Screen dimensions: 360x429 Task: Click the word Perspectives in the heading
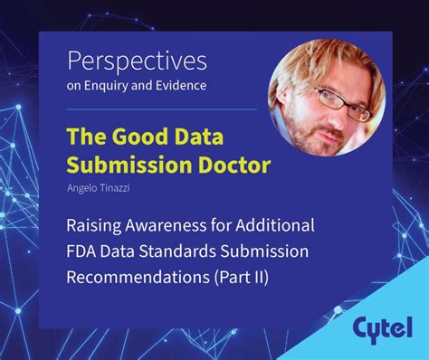(x=137, y=62)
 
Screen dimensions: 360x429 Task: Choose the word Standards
(x=193, y=251)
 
